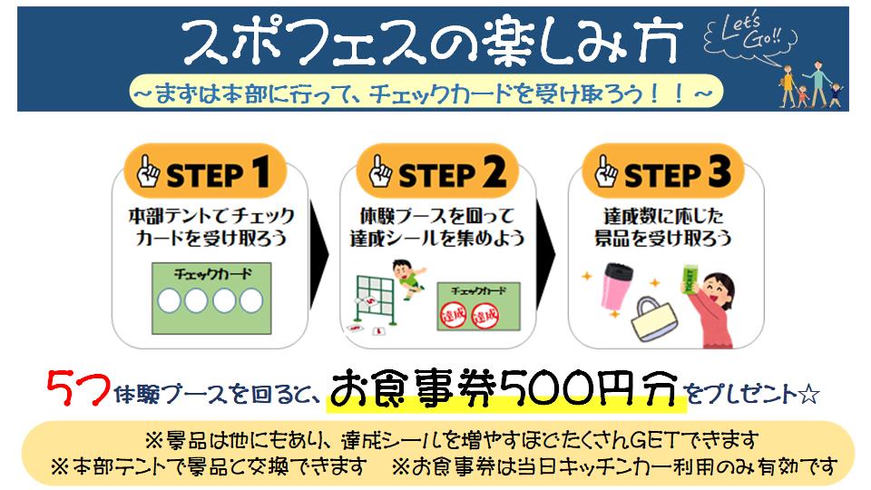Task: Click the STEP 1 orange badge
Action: click(205, 171)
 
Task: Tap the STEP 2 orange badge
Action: click(437, 171)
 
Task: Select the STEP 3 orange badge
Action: click(662, 171)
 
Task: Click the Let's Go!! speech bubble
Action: click(750, 36)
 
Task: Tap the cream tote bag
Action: click(655, 318)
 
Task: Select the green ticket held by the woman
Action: click(690, 279)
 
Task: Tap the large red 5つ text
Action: click(78, 388)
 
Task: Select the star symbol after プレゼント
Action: click(808, 395)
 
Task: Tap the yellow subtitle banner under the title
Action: click(426, 92)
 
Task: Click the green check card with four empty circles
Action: click(211, 299)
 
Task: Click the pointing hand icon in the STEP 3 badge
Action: click(605, 171)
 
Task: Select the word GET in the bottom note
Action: click(655, 441)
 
